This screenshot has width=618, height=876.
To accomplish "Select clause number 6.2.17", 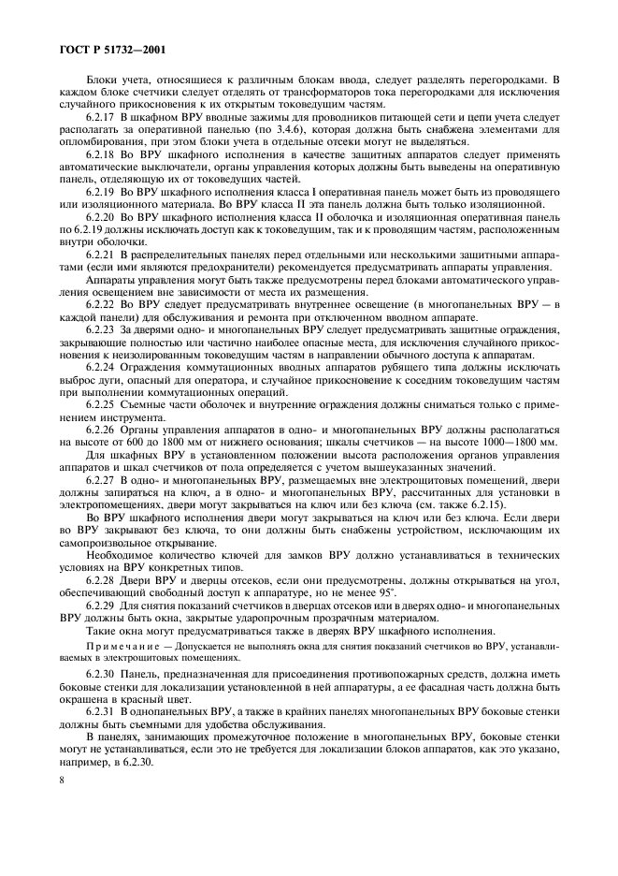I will [x=103, y=117].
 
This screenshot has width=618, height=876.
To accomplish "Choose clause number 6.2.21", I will [x=103, y=254].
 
